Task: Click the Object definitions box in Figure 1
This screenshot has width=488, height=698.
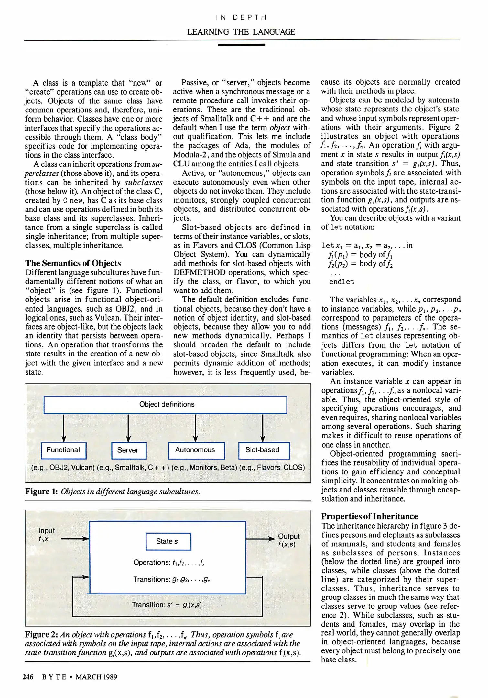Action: [x=165, y=405]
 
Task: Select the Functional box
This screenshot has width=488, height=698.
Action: [x=64, y=450]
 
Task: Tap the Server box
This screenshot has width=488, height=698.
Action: [x=129, y=450]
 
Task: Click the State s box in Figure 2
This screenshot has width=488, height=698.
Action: [x=168, y=541]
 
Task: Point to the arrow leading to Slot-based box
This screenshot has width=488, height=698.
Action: [x=263, y=428]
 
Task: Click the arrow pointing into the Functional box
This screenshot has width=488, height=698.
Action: [x=64, y=428]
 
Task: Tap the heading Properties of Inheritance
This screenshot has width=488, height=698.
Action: [x=369, y=516]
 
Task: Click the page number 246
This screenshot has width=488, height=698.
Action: [x=28, y=677]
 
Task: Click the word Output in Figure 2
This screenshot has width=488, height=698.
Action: [x=289, y=536]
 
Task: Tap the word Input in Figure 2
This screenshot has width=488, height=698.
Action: [x=47, y=531]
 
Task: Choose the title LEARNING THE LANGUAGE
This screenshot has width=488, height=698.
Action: [x=241, y=32]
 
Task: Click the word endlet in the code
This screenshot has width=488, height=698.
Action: [x=342, y=282]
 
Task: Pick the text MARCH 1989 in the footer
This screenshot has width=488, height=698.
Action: [x=96, y=677]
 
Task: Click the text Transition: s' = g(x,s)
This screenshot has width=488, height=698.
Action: [x=167, y=605]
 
